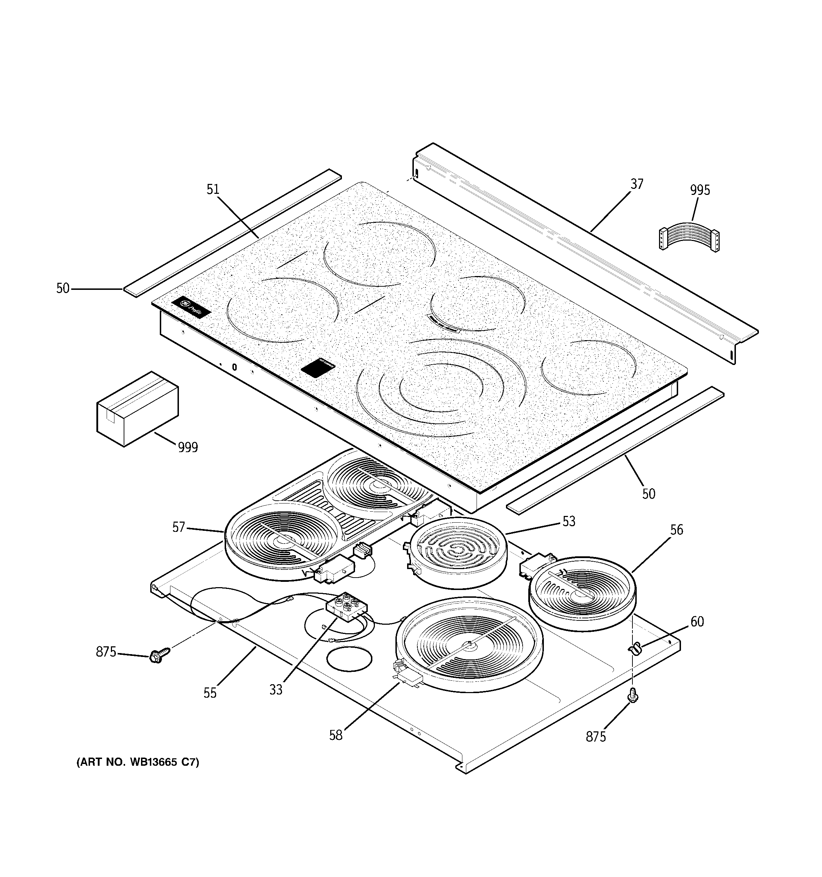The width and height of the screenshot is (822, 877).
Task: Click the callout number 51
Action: click(213, 190)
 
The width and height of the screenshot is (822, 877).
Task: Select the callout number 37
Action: click(636, 184)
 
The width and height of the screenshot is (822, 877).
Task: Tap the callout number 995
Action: click(700, 191)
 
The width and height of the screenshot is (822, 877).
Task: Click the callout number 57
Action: click(178, 527)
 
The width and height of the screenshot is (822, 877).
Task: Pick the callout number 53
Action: click(569, 522)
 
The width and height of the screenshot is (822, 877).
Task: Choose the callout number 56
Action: click(676, 530)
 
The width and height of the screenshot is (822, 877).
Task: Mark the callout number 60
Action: click(697, 622)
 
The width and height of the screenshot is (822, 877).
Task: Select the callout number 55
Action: click(210, 693)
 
